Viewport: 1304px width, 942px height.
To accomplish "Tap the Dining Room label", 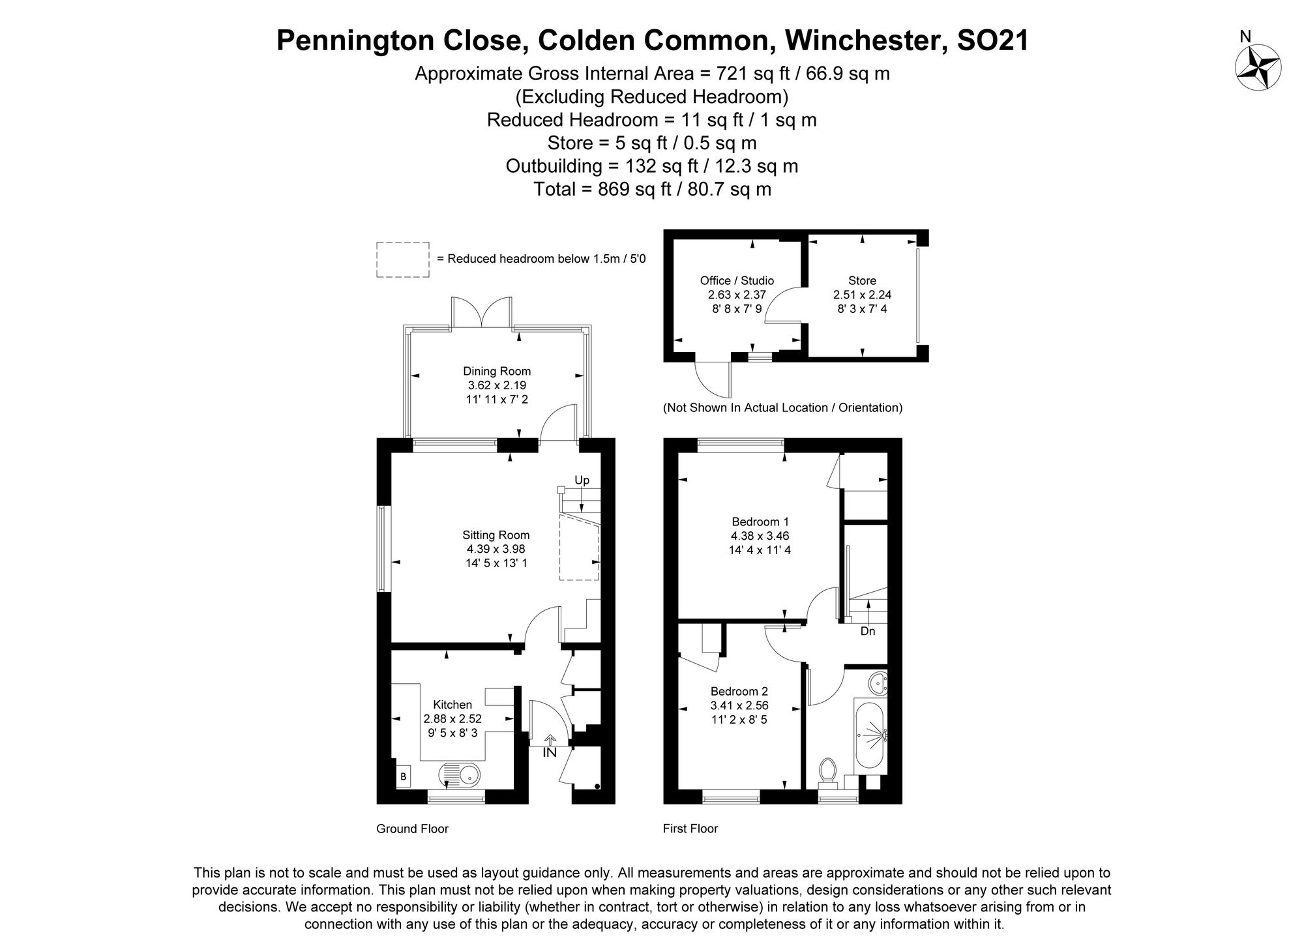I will point(497,372).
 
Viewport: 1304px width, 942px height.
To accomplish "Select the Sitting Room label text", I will point(496,535).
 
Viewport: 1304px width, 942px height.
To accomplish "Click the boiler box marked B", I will point(403,776).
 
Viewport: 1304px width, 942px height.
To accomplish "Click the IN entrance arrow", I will point(550,741).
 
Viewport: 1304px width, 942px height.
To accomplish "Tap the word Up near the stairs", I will point(582,480).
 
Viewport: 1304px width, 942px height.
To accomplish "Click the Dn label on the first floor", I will point(867,631).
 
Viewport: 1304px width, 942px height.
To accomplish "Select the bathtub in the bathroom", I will point(868,735).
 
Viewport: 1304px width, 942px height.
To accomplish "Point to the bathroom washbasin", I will point(878,683).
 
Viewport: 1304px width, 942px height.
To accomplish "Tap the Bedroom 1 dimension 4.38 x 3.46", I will point(760,536).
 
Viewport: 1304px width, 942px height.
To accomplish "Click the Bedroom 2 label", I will point(739,691).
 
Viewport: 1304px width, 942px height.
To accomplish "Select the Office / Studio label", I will point(737,280).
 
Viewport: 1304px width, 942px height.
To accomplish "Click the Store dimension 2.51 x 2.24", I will point(862,295).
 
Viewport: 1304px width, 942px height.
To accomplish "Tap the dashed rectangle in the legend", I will point(402,259).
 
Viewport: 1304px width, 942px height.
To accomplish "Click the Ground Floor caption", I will point(412,829).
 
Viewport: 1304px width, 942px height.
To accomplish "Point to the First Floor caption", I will point(690,829).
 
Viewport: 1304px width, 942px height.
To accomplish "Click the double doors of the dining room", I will point(482,312).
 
